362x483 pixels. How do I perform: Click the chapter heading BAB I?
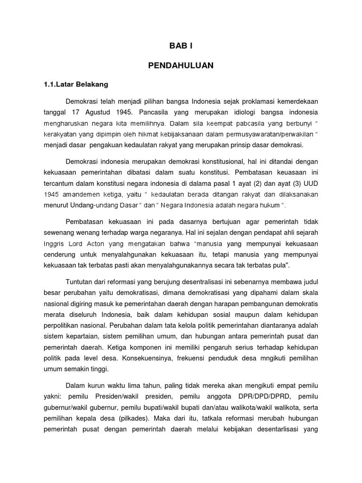coord(181,46)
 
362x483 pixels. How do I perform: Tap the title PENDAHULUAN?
coord(181,66)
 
